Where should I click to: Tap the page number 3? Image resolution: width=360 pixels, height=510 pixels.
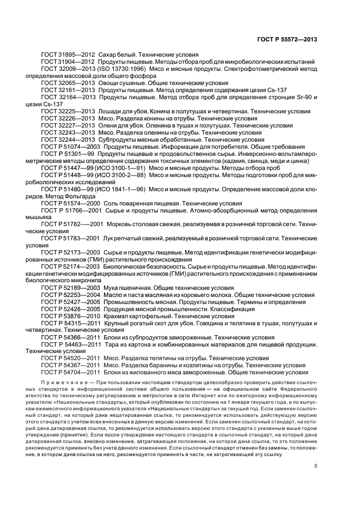[315, 465]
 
